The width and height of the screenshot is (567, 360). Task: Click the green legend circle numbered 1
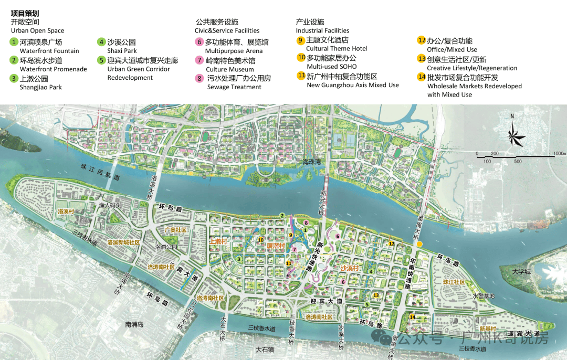[14, 42]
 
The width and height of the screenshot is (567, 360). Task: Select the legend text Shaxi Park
[122, 51]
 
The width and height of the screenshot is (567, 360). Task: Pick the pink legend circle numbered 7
[199, 60]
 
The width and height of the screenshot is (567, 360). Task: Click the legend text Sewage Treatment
[233, 87]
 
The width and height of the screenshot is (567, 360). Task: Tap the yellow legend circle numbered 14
[421, 77]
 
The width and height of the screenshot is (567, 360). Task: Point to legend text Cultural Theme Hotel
[337, 49]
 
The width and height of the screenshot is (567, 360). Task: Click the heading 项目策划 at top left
[25, 13]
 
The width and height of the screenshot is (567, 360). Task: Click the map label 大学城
[522, 271]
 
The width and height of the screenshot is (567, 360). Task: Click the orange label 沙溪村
[349, 268]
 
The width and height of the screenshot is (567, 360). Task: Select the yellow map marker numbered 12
[391, 243]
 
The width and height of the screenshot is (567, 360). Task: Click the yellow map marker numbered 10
[260, 240]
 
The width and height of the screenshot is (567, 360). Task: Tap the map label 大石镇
[266, 349]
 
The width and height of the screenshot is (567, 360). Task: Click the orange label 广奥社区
[174, 230]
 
